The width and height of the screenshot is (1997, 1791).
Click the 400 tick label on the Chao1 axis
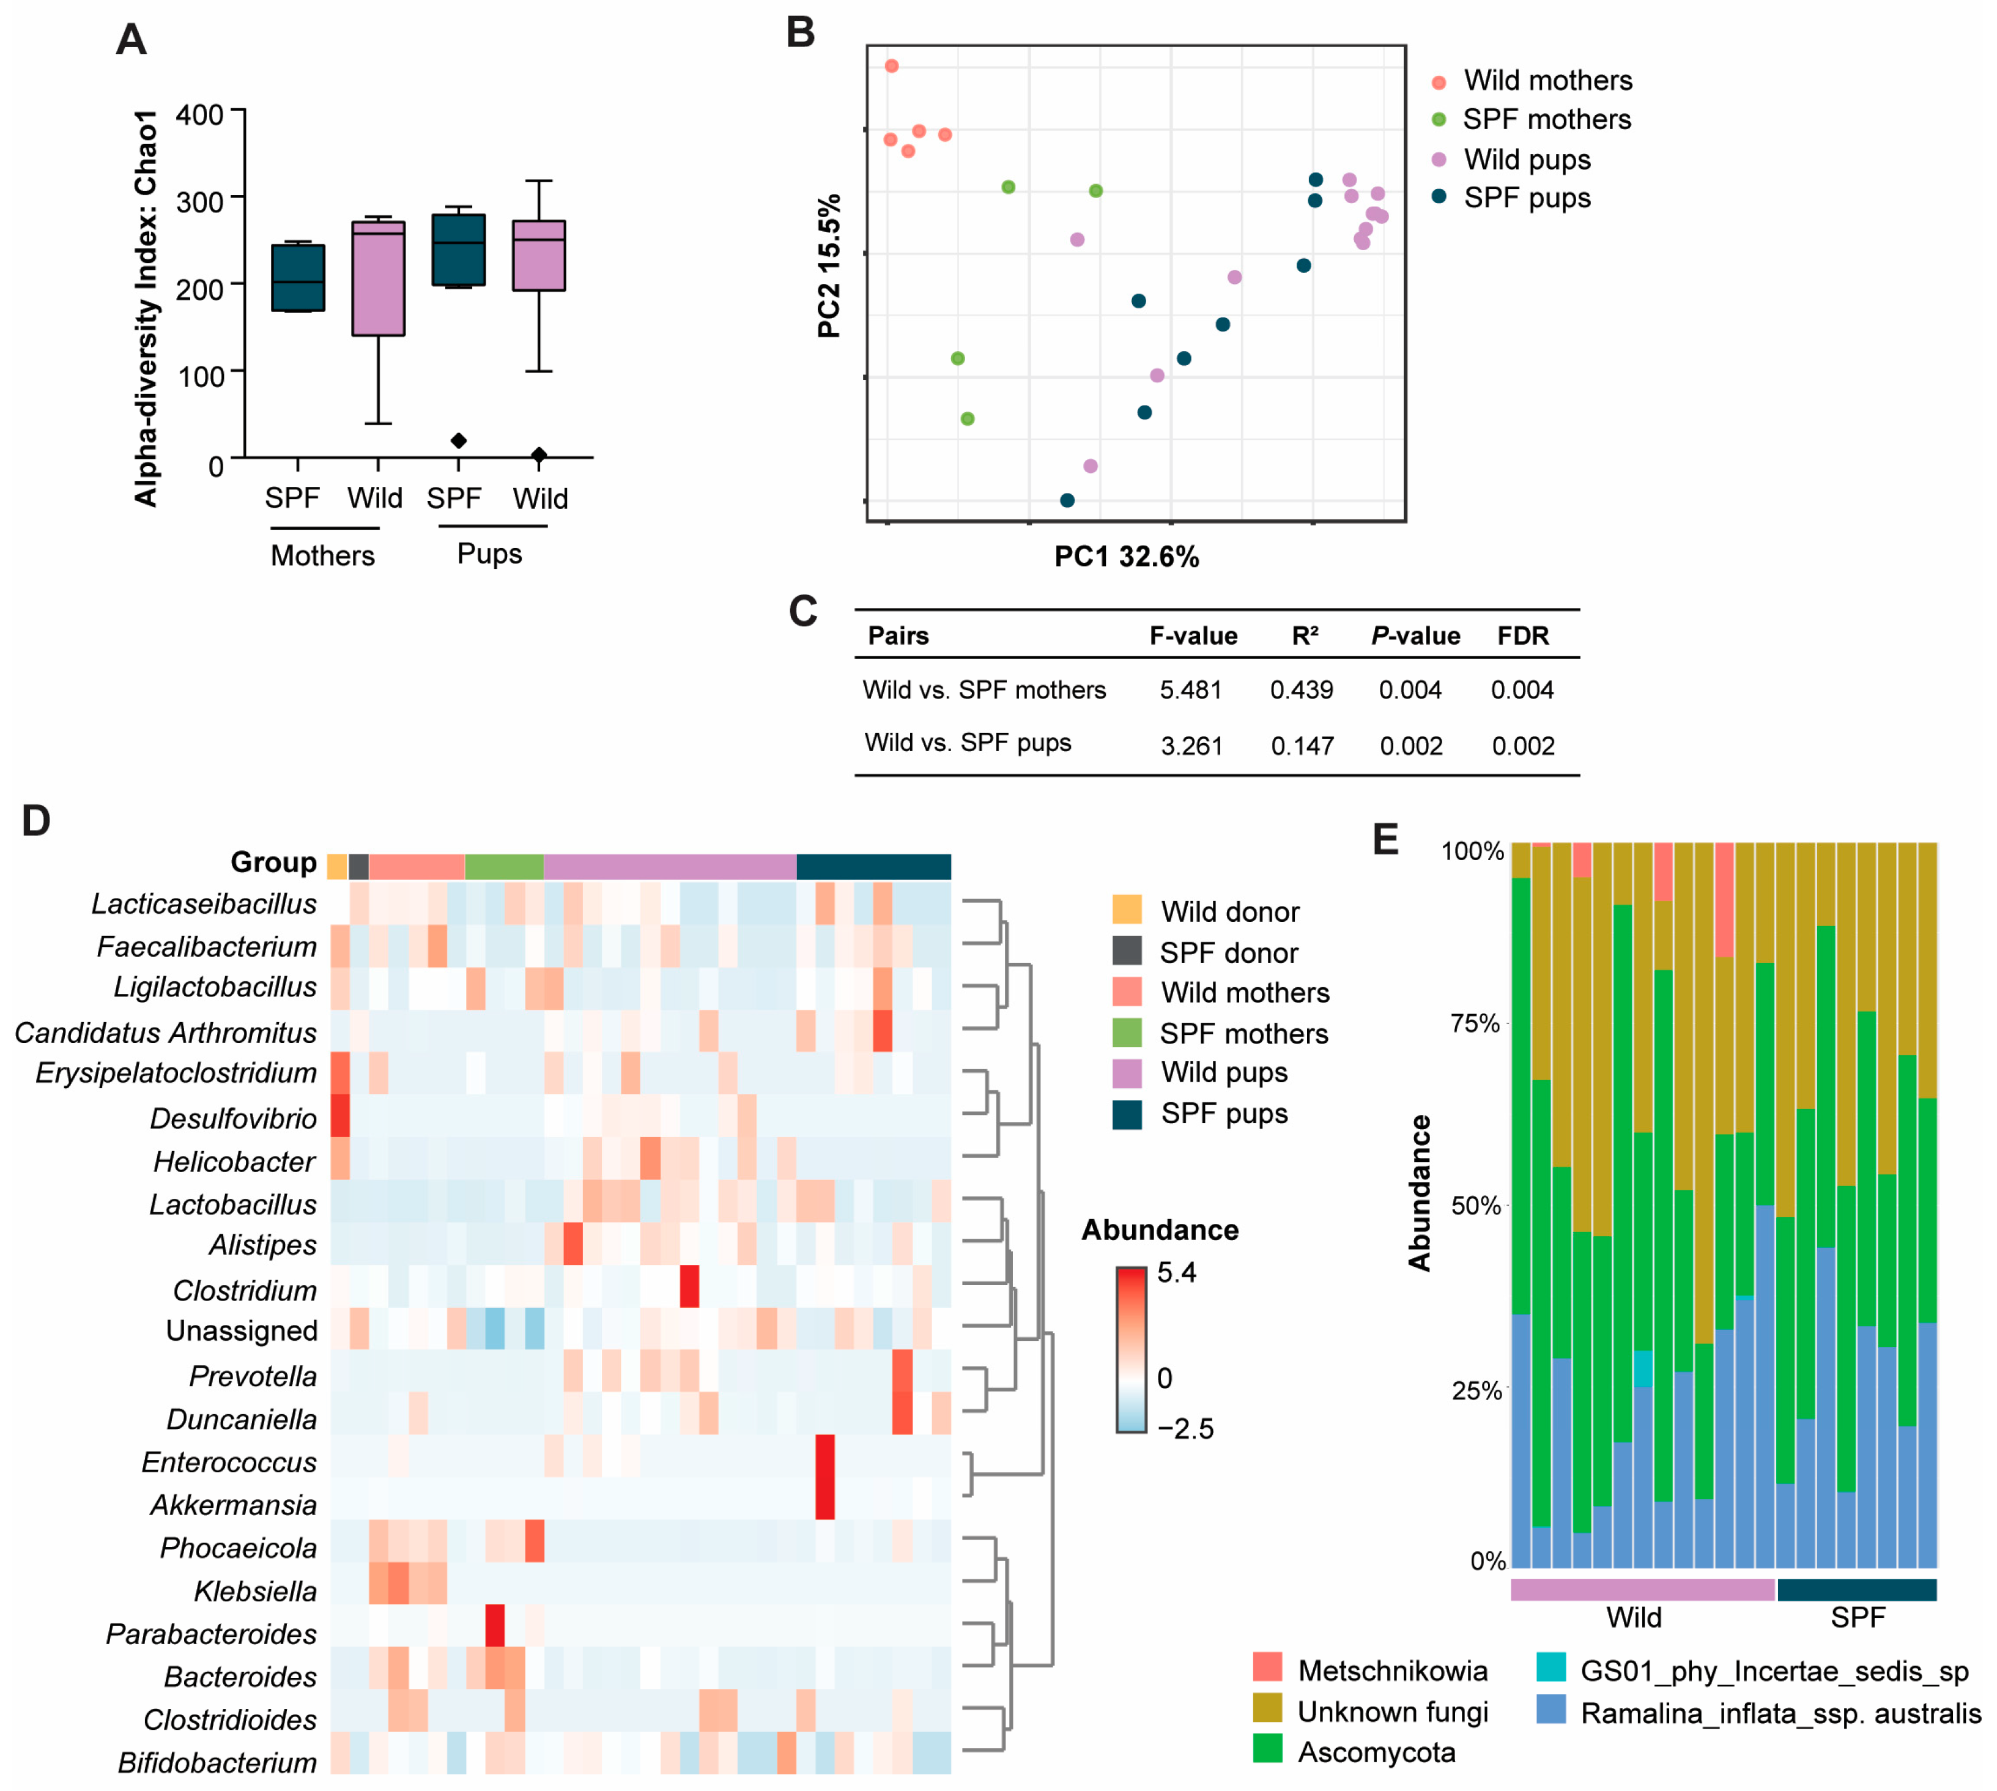pos(199,115)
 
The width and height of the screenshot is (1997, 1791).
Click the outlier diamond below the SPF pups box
pos(459,441)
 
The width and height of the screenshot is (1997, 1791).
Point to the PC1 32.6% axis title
pos(1127,557)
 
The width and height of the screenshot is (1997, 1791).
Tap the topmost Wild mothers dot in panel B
pos(891,66)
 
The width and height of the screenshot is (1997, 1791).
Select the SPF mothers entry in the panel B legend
pos(1546,119)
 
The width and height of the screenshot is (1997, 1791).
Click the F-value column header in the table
pos(1193,636)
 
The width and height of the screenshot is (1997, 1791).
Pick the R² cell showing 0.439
pos(1302,690)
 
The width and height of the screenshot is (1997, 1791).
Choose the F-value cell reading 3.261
pos(1191,746)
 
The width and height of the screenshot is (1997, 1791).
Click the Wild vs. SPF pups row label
pos(967,743)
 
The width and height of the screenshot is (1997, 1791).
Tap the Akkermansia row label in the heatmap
pos(234,1505)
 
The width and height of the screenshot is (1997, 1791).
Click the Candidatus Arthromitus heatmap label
pos(165,1033)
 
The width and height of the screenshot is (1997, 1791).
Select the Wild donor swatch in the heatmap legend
pos(1127,910)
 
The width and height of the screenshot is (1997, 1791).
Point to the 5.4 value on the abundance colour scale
pos(1177,1272)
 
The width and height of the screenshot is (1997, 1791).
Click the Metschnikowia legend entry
pos(1392,1671)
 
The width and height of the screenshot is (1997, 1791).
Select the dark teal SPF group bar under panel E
pos(1856,1589)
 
